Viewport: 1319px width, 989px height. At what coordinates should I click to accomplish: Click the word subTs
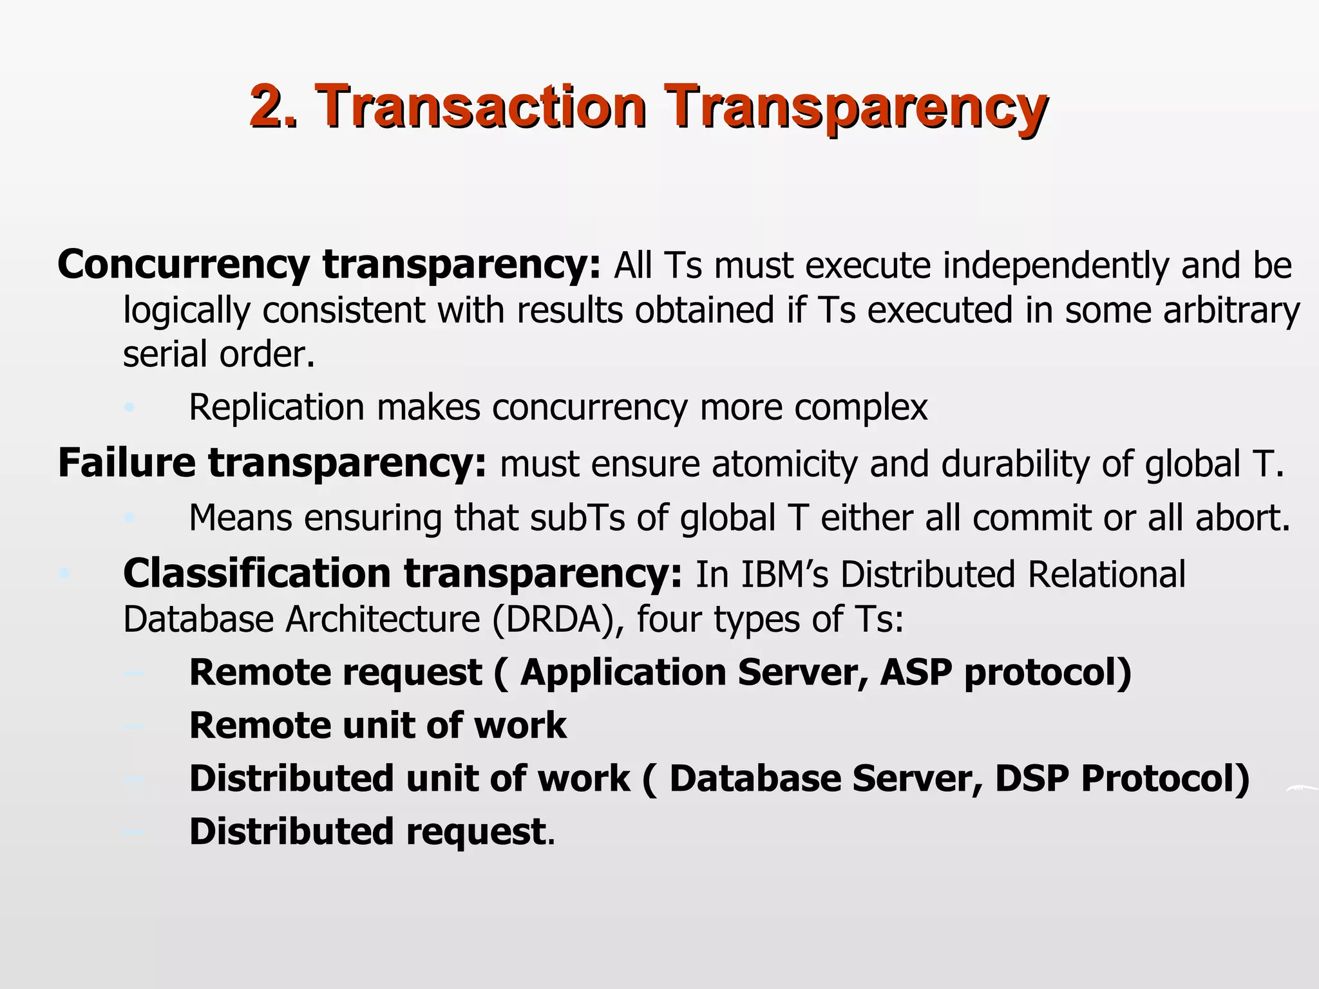tap(578, 518)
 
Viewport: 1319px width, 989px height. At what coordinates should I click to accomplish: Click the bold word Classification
tap(257, 574)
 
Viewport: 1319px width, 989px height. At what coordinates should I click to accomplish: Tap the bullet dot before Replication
tap(129, 408)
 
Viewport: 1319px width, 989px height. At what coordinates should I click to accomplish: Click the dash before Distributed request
tap(133, 833)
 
